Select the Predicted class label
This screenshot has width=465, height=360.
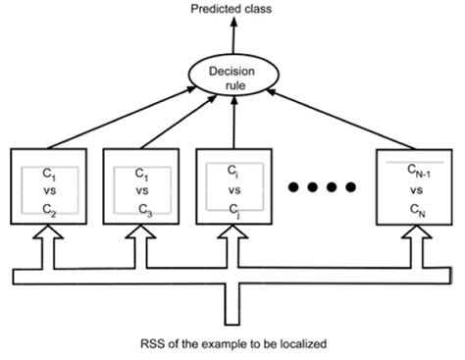point(232,11)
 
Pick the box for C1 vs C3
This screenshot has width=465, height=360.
point(140,188)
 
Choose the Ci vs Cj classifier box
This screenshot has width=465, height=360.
point(232,188)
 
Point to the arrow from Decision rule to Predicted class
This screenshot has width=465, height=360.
point(232,37)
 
